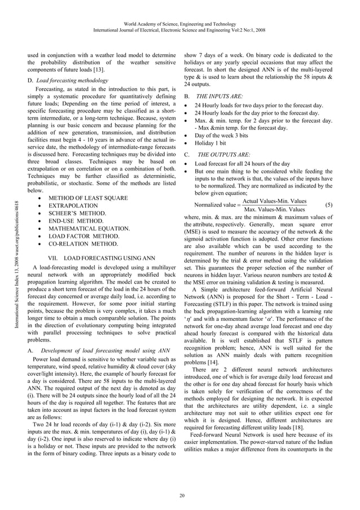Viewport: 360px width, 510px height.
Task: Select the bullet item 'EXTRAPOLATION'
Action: (x=73, y=206)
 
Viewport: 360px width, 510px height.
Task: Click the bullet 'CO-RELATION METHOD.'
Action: (x=84, y=244)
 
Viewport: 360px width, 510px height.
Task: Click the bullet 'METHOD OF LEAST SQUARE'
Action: (x=87, y=198)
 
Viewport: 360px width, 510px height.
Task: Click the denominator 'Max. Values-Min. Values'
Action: (x=275, y=210)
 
